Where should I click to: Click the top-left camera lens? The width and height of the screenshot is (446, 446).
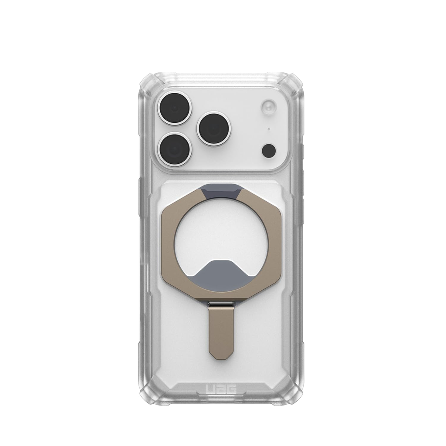[x=174, y=108]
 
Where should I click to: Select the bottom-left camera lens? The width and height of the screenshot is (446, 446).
[x=174, y=150]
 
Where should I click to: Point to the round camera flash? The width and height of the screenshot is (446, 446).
[x=269, y=107]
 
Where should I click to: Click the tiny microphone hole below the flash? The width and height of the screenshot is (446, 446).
[x=269, y=129]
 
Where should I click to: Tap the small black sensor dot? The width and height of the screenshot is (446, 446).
[x=269, y=150]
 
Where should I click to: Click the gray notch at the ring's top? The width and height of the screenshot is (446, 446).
[x=223, y=191]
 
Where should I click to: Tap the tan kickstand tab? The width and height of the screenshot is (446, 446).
[x=223, y=331]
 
